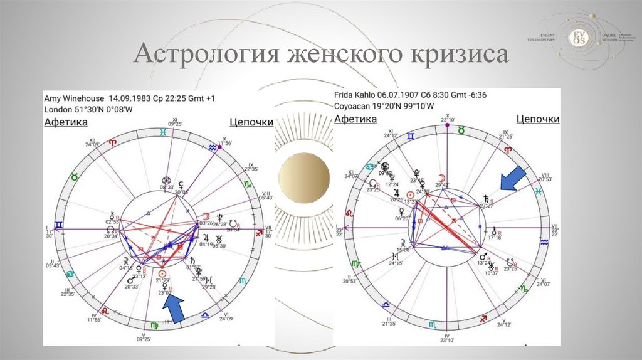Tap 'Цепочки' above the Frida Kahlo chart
point(538,119)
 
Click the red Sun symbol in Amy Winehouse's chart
point(163,273)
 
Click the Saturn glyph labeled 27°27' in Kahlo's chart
point(483,198)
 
